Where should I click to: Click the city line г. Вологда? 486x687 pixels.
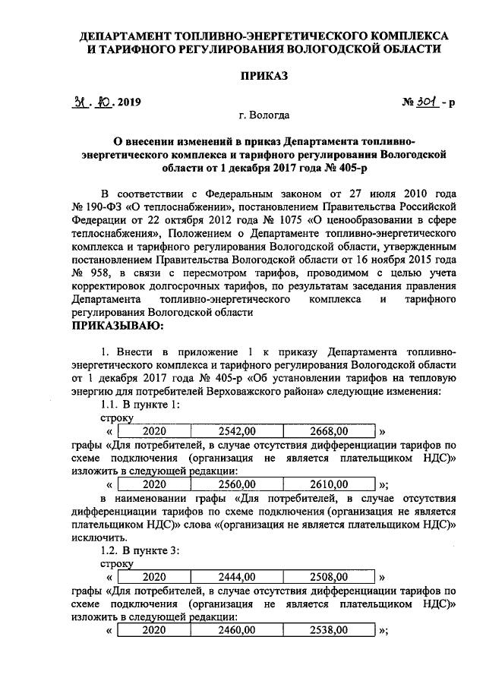264,115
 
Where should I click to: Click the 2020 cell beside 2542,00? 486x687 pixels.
153,430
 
